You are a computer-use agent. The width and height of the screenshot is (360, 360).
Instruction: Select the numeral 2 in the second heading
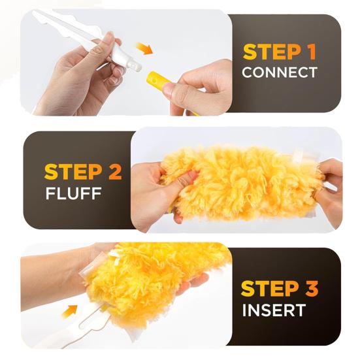(114, 173)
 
